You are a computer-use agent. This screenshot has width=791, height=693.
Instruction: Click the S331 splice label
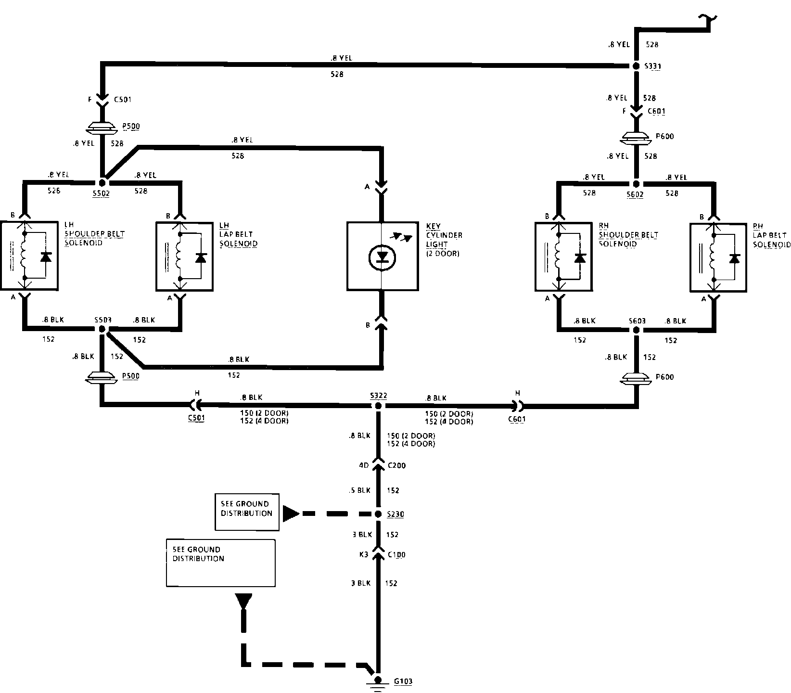pyautogui.click(x=653, y=66)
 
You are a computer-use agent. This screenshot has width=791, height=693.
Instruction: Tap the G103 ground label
pyautogui.click(x=402, y=681)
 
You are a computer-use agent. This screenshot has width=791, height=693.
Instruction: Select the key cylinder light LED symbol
pyautogui.click(x=383, y=257)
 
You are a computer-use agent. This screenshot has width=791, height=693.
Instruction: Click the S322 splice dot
pyautogui.click(x=378, y=406)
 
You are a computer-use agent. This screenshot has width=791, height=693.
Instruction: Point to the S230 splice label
pyautogui.click(x=395, y=514)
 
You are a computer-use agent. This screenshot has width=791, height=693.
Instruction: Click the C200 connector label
pyautogui.click(x=397, y=465)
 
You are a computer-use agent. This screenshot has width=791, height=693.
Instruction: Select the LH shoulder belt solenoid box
pyautogui.click(x=30, y=256)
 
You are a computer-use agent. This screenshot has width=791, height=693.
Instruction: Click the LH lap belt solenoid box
pyautogui.click(x=185, y=256)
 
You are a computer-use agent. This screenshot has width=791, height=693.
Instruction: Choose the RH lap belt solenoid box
pyautogui.click(x=719, y=257)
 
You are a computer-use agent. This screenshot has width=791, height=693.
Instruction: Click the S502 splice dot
pyautogui.click(x=102, y=183)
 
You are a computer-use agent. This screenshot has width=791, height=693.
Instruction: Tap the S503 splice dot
pyautogui.click(x=102, y=329)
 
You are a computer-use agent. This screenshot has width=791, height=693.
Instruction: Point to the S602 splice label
pyautogui.click(x=635, y=194)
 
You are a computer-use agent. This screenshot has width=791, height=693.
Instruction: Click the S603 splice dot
pyautogui.click(x=636, y=331)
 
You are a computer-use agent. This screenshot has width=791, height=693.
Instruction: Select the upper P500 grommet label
pyautogui.click(x=130, y=127)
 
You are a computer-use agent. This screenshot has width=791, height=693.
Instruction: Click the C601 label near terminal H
pyautogui.click(x=517, y=419)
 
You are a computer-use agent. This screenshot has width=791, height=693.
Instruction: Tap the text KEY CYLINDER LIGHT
pyautogui.click(x=444, y=235)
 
